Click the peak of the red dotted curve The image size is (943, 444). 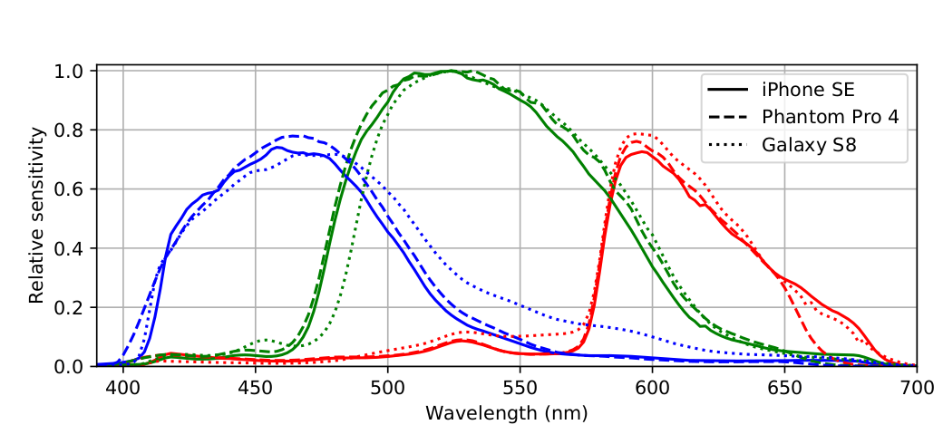(640, 134)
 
